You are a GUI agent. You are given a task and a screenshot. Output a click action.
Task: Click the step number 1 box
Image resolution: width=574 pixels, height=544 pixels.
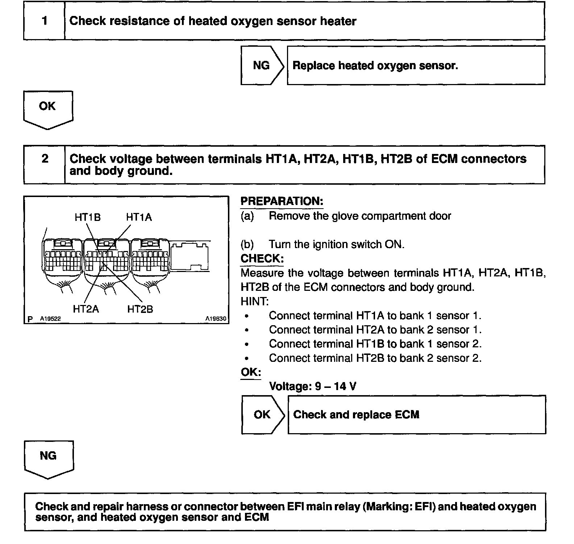44,21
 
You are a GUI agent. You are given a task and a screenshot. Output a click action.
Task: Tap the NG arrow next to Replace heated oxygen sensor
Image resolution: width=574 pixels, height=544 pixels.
262,66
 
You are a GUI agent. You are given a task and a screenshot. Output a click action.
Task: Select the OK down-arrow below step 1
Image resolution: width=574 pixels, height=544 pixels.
48,109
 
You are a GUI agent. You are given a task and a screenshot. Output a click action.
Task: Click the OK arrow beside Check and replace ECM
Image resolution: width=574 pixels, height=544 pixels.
263,414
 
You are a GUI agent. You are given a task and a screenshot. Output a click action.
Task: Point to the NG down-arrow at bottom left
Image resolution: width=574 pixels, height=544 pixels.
49,458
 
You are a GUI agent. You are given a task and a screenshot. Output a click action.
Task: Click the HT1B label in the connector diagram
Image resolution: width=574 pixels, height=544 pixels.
87,217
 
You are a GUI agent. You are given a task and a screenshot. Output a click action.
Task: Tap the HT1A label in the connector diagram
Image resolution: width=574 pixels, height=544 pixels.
139,217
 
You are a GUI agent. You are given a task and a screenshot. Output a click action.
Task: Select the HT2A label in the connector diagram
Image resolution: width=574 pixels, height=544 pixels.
86,309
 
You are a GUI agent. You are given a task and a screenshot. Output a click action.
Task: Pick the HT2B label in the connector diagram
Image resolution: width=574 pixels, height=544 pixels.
140,309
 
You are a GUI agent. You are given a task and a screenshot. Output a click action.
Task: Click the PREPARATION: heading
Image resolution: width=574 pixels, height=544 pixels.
282,201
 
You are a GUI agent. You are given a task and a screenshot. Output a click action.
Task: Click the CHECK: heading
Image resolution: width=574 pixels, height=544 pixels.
262,259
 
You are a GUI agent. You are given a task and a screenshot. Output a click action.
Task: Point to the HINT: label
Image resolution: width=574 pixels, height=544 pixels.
254,301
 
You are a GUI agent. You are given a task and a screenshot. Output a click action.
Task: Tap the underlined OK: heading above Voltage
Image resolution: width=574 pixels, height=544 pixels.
251,372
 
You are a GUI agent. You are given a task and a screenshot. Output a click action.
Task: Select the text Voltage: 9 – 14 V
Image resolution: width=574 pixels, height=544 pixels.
312,386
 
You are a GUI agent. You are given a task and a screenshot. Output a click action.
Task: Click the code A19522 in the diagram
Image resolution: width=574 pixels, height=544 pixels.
50,319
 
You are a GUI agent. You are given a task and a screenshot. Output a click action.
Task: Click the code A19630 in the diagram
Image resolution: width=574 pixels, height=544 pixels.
216,319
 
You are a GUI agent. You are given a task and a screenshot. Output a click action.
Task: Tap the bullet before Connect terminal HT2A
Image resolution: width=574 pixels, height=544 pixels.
247,330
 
